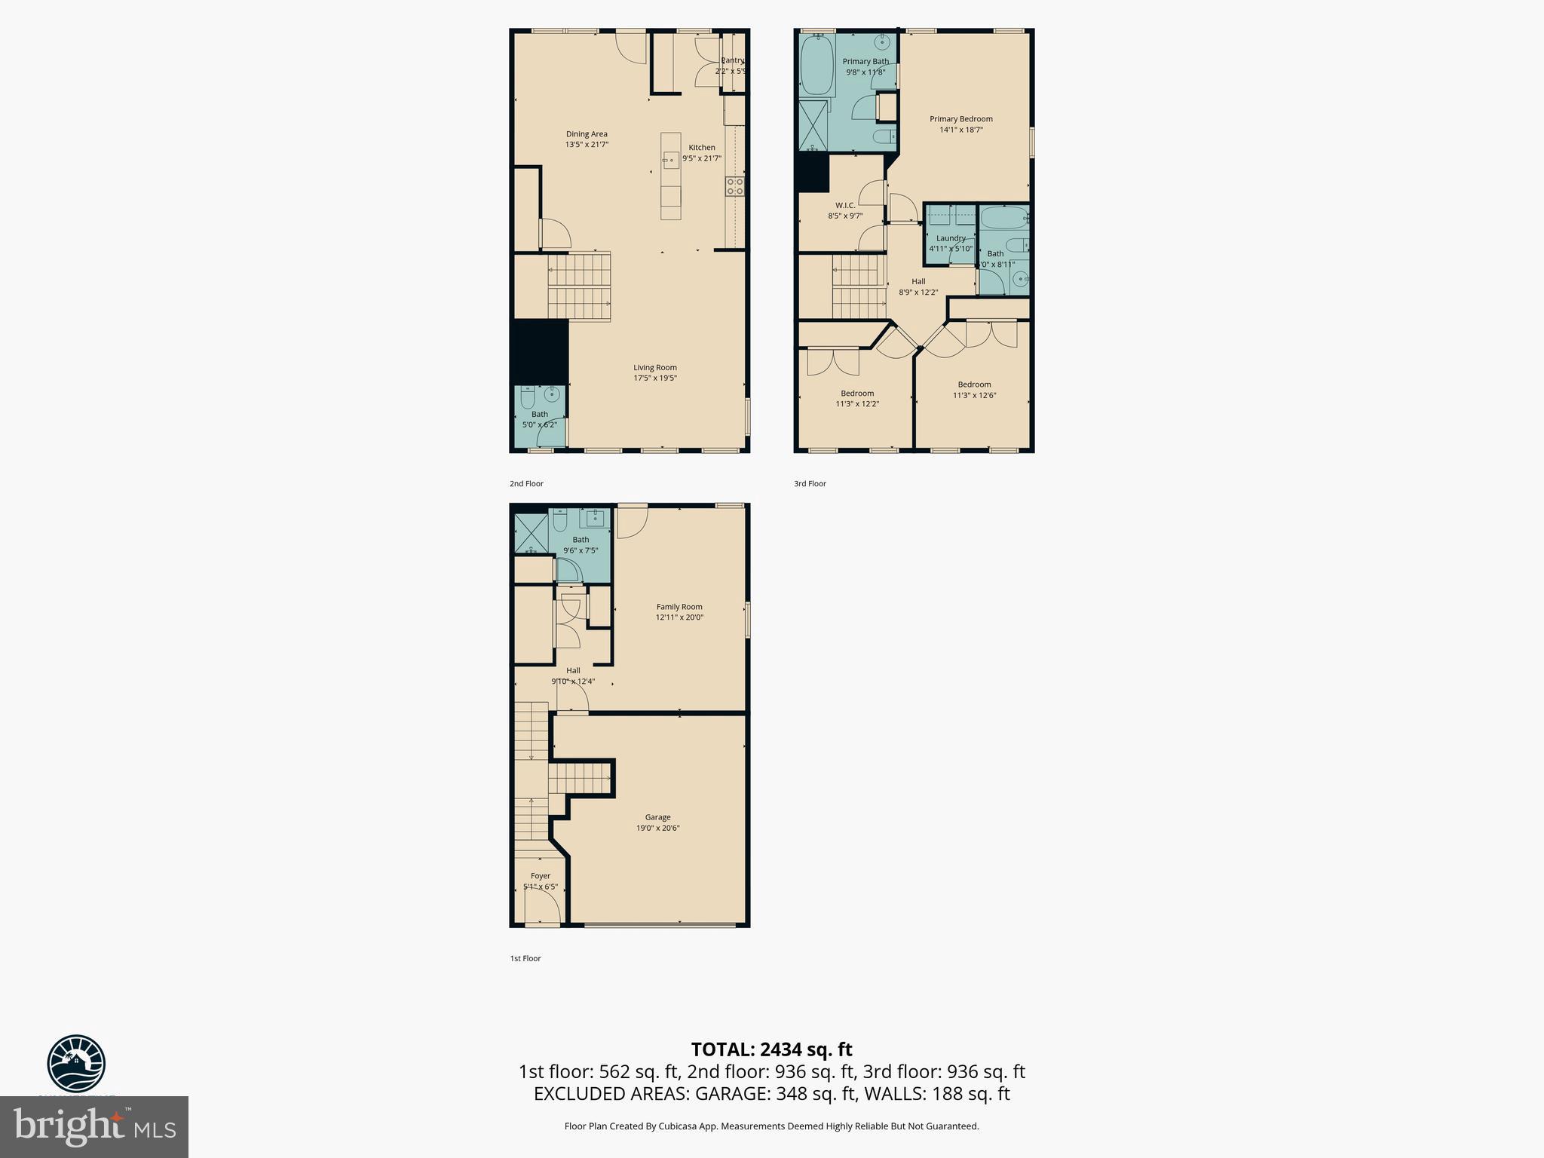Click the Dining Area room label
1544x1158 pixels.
point(587,134)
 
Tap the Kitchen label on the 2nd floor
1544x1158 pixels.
point(701,148)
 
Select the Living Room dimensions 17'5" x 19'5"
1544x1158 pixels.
point(654,378)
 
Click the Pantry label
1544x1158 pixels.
point(732,60)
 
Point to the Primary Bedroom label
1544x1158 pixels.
point(960,119)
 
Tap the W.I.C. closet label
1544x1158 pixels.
point(844,205)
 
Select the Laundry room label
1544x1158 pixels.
point(951,238)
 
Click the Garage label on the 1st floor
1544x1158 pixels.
point(657,817)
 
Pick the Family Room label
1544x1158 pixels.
point(679,607)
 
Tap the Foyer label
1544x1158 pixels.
point(540,876)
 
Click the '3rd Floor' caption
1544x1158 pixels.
point(810,484)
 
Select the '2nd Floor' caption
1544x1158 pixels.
point(526,484)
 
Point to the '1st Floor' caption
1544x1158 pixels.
point(525,958)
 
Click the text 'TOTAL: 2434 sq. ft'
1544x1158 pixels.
point(771,1049)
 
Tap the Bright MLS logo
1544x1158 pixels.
point(94,1127)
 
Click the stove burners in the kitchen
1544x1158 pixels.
point(735,186)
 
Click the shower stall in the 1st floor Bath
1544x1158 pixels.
point(531,534)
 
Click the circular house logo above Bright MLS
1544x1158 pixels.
point(76,1063)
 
